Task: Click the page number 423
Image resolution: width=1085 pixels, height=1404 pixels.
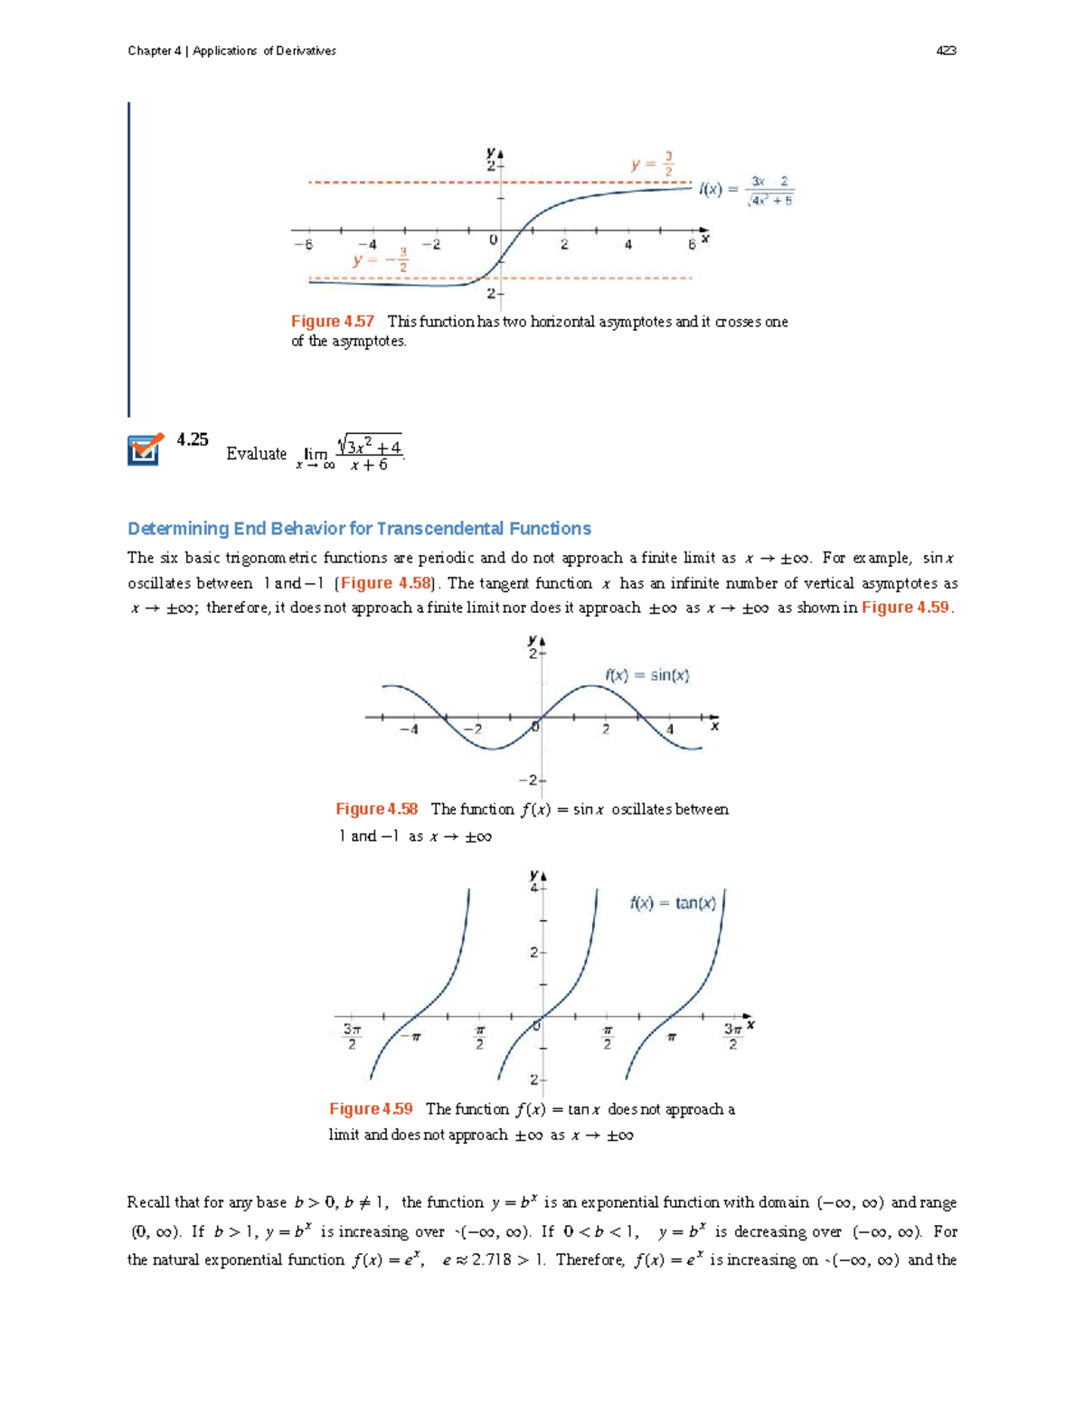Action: click(x=946, y=51)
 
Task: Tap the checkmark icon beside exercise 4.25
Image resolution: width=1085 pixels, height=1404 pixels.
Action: click(x=145, y=448)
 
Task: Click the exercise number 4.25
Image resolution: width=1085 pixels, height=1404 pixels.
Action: click(x=193, y=439)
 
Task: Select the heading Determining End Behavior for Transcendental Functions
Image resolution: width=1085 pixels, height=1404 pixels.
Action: click(x=359, y=529)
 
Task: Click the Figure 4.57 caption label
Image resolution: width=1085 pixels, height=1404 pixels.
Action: click(x=332, y=322)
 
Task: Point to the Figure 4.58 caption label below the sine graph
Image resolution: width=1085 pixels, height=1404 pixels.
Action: click(x=376, y=809)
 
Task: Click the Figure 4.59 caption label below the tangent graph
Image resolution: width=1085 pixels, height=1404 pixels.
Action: click(x=371, y=1109)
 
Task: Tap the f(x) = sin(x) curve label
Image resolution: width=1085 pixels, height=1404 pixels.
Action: click(x=646, y=675)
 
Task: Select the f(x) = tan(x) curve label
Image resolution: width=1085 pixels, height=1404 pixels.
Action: click(x=673, y=903)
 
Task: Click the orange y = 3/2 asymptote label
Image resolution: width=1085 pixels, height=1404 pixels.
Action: click(x=652, y=165)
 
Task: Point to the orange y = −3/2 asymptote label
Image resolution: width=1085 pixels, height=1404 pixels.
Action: click(x=381, y=259)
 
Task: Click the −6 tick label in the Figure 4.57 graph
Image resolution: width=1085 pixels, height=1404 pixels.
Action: click(x=303, y=244)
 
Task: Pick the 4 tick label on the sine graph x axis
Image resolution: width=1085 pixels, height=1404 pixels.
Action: click(x=670, y=730)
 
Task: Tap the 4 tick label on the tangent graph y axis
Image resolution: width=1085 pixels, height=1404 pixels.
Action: click(x=533, y=889)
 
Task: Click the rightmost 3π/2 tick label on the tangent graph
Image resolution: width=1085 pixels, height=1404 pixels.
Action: click(x=733, y=1036)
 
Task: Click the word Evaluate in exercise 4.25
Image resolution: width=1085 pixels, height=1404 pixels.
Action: click(x=256, y=454)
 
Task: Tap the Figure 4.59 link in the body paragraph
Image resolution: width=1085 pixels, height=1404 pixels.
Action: click(x=905, y=608)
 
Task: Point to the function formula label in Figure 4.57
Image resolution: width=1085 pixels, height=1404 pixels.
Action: click(x=746, y=190)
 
